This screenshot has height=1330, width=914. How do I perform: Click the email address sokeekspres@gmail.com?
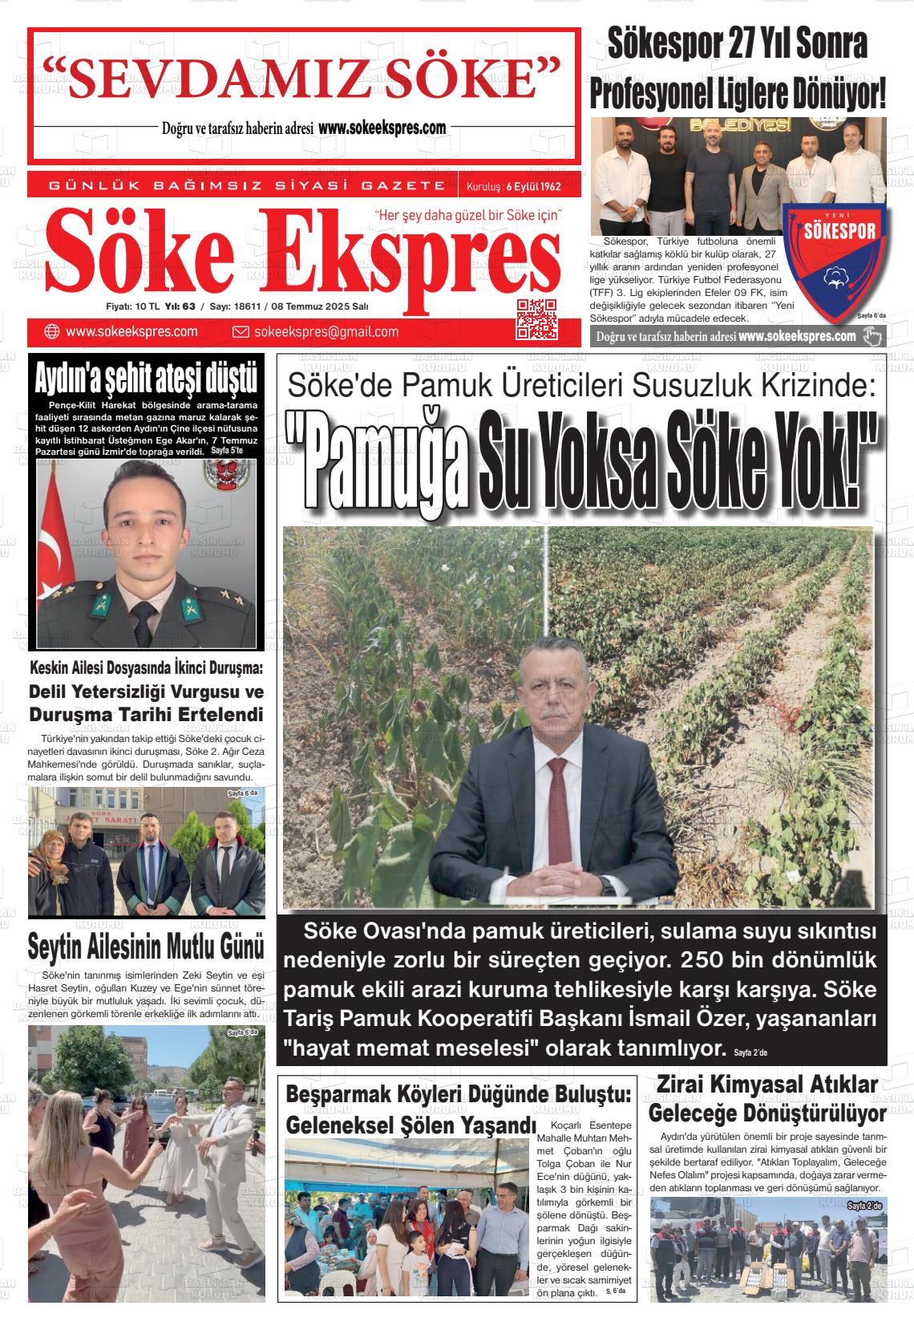tap(326, 332)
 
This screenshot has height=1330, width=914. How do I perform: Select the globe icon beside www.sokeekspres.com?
tap(52, 332)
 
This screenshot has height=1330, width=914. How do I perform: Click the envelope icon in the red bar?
tap(241, 332)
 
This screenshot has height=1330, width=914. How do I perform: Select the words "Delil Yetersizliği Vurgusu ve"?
tap(146, 691)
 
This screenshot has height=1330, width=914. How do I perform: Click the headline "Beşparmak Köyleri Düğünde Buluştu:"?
tap(459, 1094)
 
